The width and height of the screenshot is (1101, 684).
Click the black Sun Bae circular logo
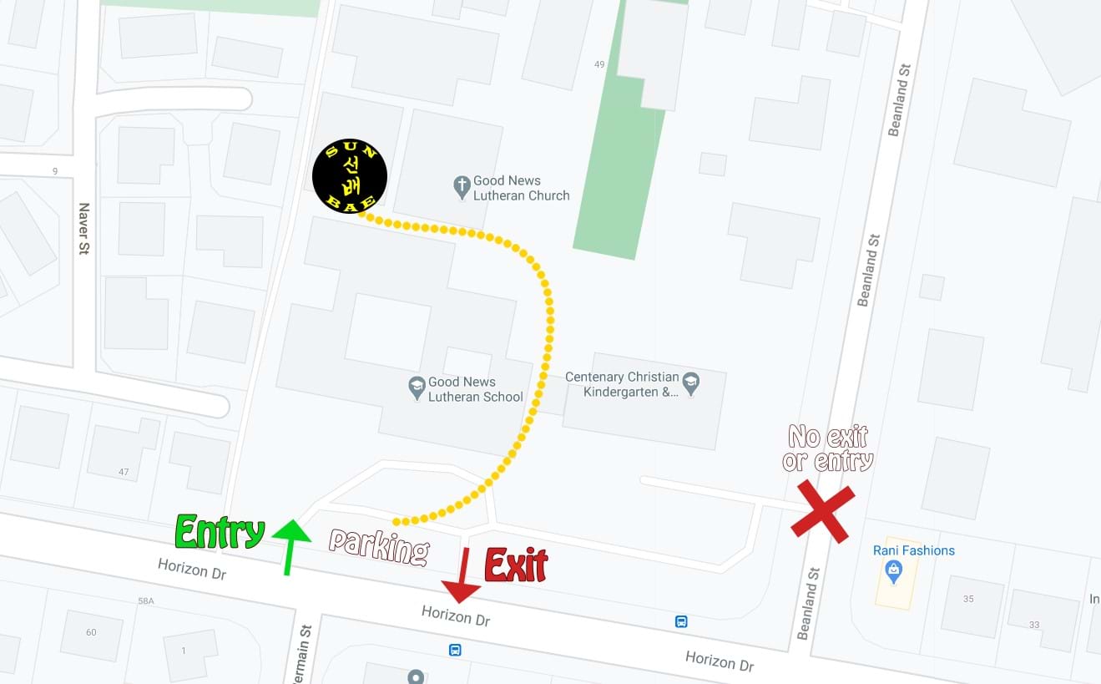click(x=349, y=176)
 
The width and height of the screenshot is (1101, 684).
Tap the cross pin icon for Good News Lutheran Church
click(x=462, y=187)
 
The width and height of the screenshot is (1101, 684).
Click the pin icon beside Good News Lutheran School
click(x=417, y=388)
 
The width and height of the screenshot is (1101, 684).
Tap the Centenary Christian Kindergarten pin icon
click(x=690, y=383)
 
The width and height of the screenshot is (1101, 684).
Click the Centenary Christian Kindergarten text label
click(x=622, y=384)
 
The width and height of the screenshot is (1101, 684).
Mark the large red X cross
click(x=823, y=510)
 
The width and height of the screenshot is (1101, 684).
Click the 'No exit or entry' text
click(x=828, y=448)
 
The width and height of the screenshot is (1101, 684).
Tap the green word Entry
click(x=220, y=532)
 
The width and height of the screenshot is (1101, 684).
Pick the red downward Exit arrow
click(x=462, y=575)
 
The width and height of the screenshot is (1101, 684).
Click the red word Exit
click(x=516, y=565)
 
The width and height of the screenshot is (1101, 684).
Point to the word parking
click(x=379, y=546)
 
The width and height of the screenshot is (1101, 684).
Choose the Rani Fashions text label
click(x=913, y=550)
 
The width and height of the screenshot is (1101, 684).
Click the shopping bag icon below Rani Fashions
click(x=894, y=572)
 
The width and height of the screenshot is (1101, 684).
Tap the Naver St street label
click(x=83, y=229)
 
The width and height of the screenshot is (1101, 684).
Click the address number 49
click(x=599, y=64)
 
